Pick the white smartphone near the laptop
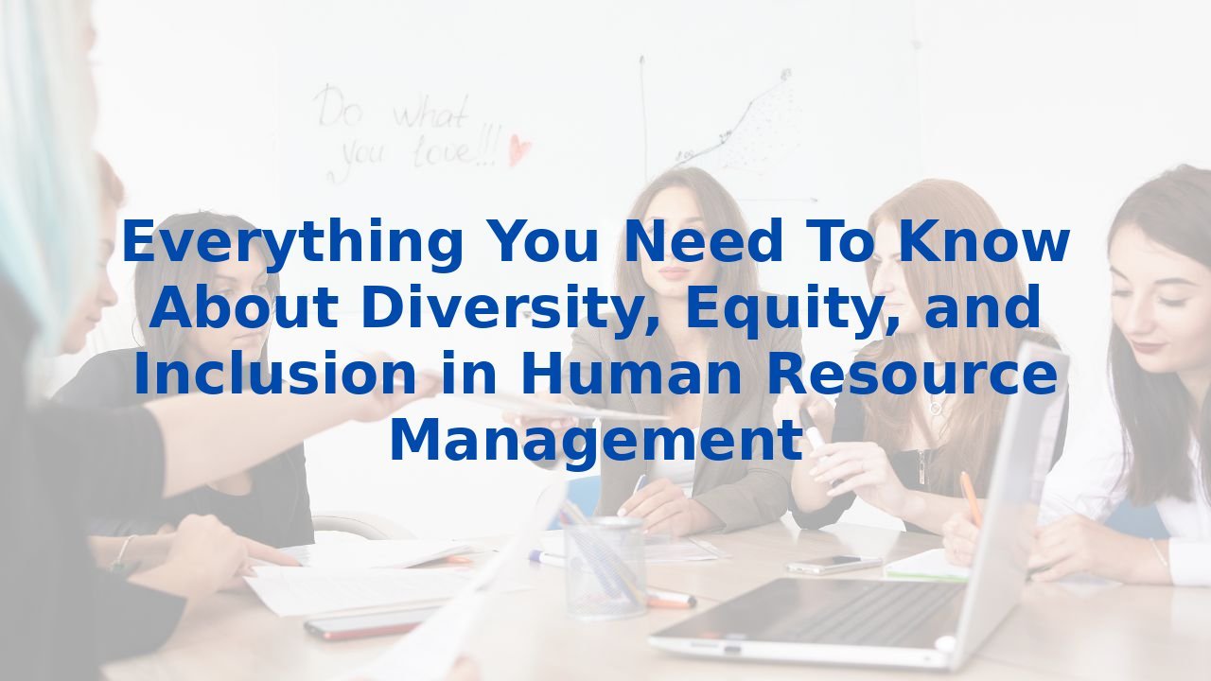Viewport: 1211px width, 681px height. click(833, 565)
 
